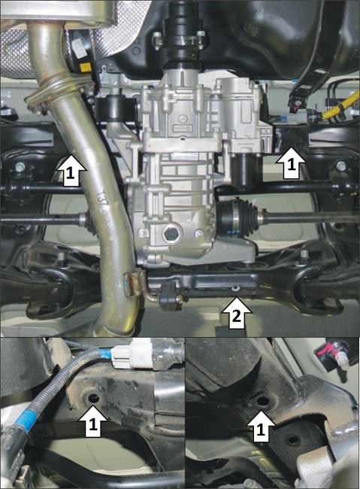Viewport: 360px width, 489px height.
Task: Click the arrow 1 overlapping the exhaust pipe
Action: click(x=71, y=170)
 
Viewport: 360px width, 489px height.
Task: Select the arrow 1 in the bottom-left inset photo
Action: click(x=93, y=421)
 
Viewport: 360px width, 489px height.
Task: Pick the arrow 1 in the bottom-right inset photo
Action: click(x=261, y=426)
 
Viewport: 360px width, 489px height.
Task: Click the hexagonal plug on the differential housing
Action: click(x=171, y=232)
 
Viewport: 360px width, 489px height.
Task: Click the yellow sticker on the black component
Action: click(x=84, y=68)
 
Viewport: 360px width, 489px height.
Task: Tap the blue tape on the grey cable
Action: click(x=23, y=424)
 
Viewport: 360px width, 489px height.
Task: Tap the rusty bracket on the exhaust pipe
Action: click(x=134, y=283)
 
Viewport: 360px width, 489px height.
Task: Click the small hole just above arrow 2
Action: click(x=237, y=288)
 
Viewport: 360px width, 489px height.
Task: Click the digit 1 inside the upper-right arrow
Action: click(x=291, y=165)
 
